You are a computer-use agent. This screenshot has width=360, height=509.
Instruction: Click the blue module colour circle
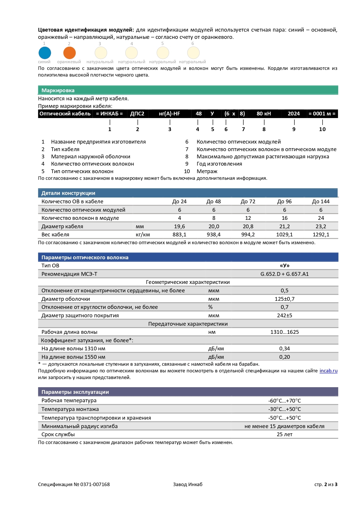pyautogui.click(x=45, y=53)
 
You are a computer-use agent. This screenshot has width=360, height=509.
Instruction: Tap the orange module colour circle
pyautogui.click(x=69, y=53)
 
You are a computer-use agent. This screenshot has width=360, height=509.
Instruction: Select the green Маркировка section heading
pyautogui.click(x=58, y=90)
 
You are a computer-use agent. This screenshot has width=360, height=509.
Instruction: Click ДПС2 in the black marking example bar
pyautogui.click(x=137, y=114)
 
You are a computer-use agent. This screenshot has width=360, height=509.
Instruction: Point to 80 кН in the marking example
pyautogui.click(x=264, y=114)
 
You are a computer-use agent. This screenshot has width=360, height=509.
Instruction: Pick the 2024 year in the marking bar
pyautogui.click(x=294, y=114)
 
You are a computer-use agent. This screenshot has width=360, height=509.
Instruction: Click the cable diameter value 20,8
pyautogui.click(x=248, y=227)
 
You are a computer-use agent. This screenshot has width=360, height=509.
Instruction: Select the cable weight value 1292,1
pyautogui.click(x=321, y=235)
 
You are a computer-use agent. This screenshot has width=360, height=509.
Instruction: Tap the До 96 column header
pyautogui.click(x=284, y=202)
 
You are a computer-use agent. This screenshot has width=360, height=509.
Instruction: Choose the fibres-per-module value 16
pyautogui.click(x=285, y=218)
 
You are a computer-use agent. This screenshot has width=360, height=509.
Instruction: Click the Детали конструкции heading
pyautogui.click(x=68, y=193)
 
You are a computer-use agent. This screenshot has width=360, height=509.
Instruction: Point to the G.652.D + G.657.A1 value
pyautogui.click(x=284, y=274)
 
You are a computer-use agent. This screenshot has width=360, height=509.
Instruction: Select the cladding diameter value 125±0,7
pyautogui.click(x=285, y=299)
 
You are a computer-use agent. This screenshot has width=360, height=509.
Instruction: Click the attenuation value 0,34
pyautogui.click(x=285, y=349)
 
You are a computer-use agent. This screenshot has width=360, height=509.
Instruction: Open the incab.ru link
pyautogui.click(x=328, y=371)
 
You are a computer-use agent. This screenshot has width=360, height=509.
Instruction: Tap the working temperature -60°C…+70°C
pyautogui.click(x=285, y=401)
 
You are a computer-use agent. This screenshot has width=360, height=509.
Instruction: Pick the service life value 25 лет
pyautogui.click(x=285, y=434)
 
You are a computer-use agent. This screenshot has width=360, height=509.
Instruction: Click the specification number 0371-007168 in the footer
pyautogui.click(x=95, y=484)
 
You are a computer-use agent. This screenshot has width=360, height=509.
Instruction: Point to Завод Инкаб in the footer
pyautogui.click(x=188, y=484)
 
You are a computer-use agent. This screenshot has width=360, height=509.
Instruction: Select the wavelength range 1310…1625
pyautogui.click(x=285, y=332)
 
